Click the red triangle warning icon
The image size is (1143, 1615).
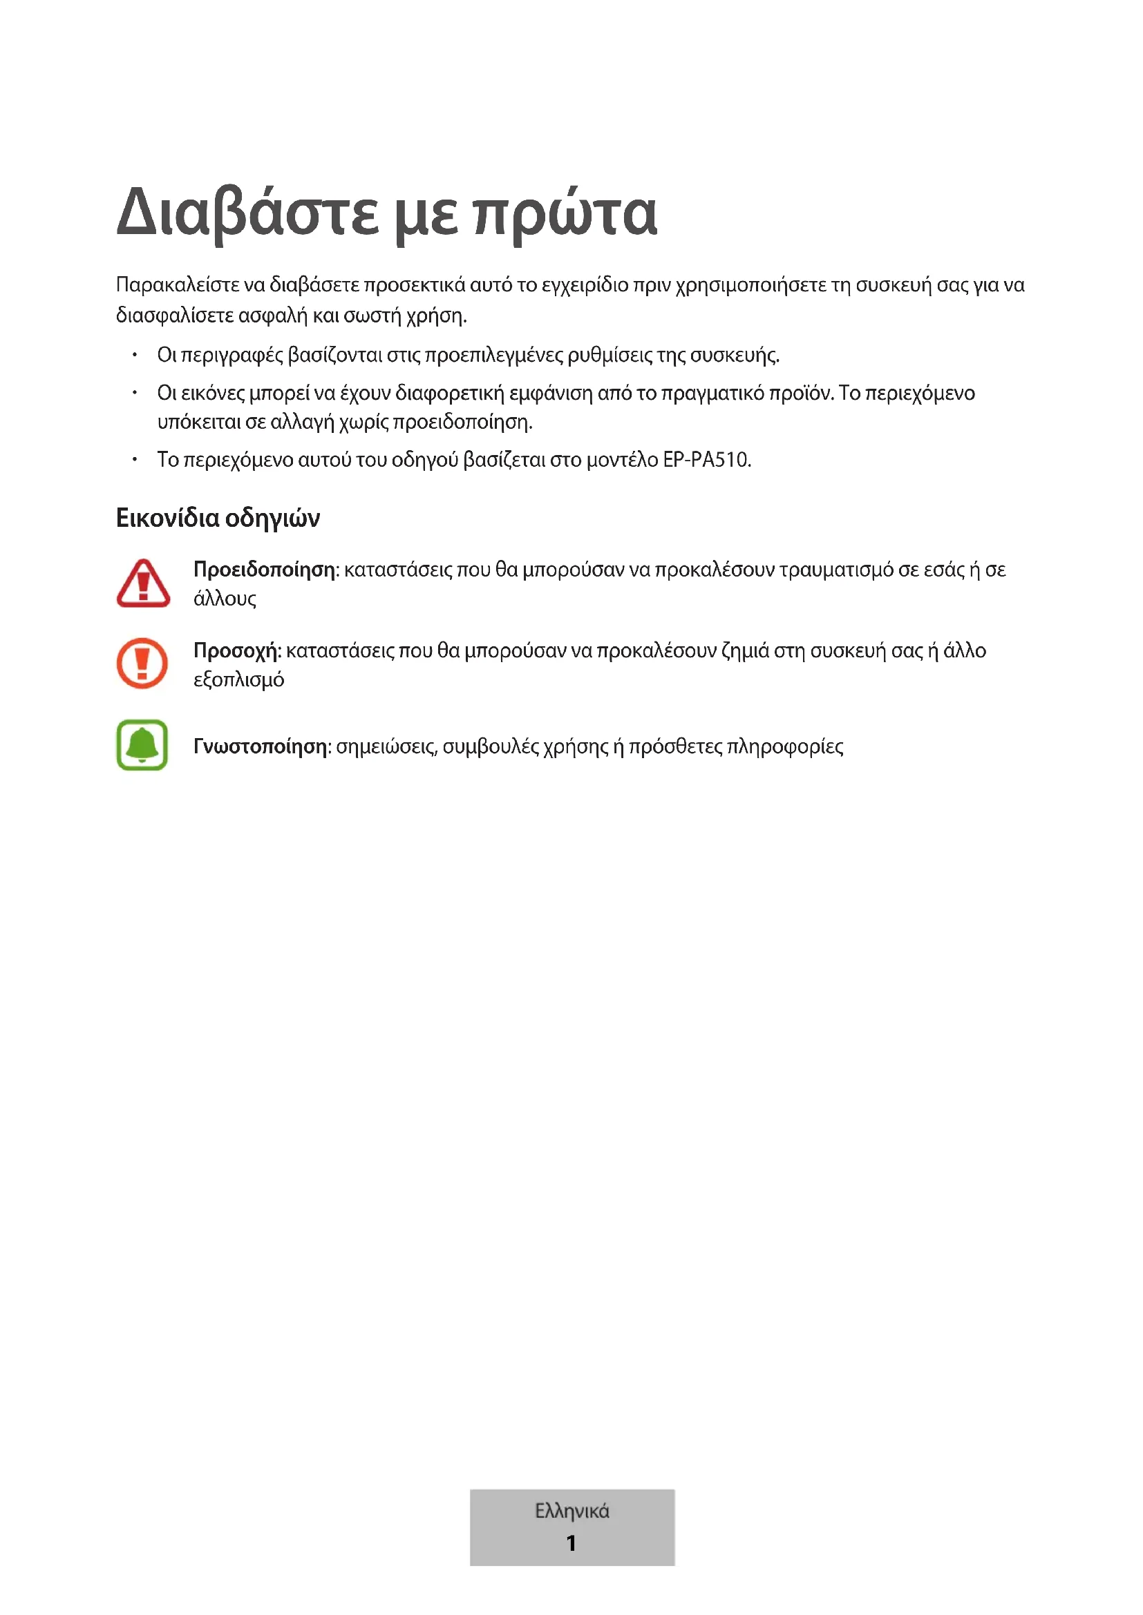(143, 583)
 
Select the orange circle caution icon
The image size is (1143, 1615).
(142, 664)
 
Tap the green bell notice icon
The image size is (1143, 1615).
(142, 745)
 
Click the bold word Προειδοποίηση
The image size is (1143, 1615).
(264, 569)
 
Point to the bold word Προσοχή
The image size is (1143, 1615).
(236, 650)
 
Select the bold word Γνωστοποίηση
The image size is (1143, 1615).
(261, 746)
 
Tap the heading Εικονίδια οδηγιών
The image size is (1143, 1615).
(218, 518)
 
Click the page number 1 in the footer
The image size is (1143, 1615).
(571, 1543)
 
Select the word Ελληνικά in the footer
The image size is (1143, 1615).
(571, 1511)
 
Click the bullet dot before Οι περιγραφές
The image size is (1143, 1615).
(135, 354)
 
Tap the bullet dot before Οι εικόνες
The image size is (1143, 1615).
(135, 392)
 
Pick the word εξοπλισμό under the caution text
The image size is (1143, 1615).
(238, 679)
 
